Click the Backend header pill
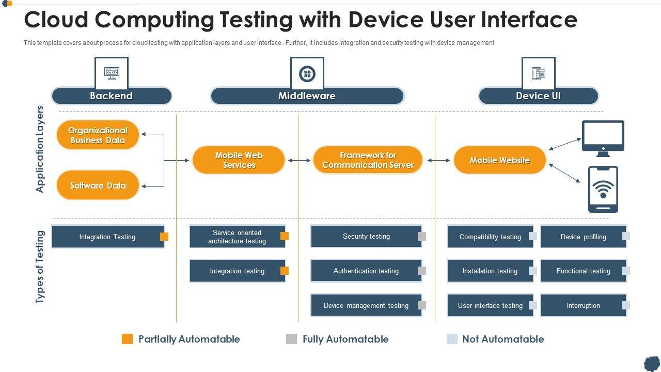(112, 96)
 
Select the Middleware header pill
(307, 96)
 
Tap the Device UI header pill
(538, 96)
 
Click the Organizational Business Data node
(98, 135)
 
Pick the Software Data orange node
(98, 185)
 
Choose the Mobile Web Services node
(239, 160)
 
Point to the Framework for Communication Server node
(368, 160)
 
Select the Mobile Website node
(499, 160)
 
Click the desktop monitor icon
(603, 138)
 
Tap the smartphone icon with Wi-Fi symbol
(603, 190)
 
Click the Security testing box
(366, 236)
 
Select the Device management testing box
(366, 305)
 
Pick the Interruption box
(584, 305)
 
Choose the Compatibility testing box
(490, 237)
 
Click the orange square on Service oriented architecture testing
(285, 236)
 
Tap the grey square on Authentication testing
(422, 271)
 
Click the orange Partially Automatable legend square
(127, 339)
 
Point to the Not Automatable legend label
(503, 339)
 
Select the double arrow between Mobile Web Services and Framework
(299, 160)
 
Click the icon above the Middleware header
(307, 73)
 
